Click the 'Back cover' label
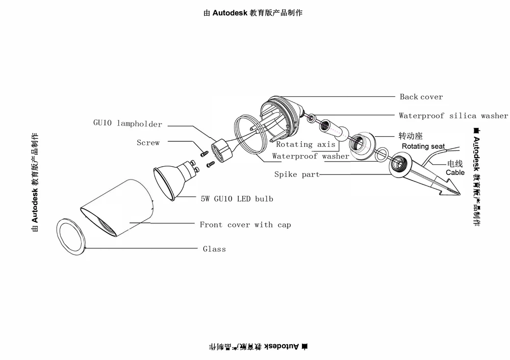tap(421, 96)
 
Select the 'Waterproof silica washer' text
tap(453, 115)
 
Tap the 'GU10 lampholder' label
tap(127, 123)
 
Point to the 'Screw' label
tap(148, 142)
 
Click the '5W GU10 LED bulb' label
tap(237, 199)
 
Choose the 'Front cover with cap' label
tap(245, 225)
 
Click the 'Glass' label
tap(214, 249)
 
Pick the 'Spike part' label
tap(297, 174)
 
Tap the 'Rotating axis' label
tap(305, 144)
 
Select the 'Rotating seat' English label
tap(423, 146)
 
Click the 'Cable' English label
tap(455, 172)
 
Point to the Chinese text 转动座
tap(411, 136)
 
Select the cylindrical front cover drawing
tap(117, 208)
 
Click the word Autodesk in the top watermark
tap(230, 13)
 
